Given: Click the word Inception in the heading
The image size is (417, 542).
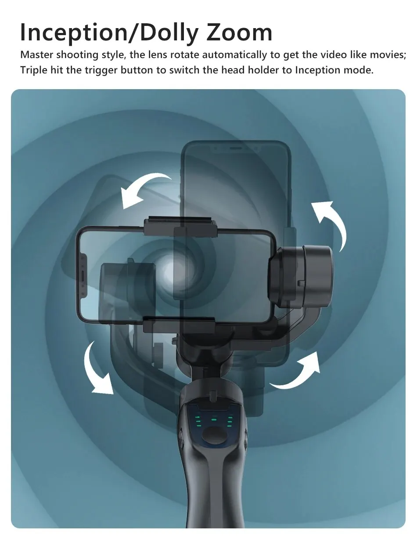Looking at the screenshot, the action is coord(74,33).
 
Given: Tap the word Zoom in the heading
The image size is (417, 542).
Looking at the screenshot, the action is coord(239,32).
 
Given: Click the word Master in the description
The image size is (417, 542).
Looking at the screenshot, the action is coord(36,54).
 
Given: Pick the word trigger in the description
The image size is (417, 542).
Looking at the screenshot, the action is coord(101,71).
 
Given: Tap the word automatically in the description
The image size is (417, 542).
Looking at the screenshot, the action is coord(234,55).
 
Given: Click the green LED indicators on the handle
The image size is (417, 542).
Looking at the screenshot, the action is coord(214,420).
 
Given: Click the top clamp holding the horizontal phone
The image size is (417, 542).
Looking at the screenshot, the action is coord(181,226).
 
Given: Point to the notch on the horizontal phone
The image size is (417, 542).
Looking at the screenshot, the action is coord(83,276).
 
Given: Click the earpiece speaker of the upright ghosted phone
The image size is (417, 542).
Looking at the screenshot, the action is coord(235,148).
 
